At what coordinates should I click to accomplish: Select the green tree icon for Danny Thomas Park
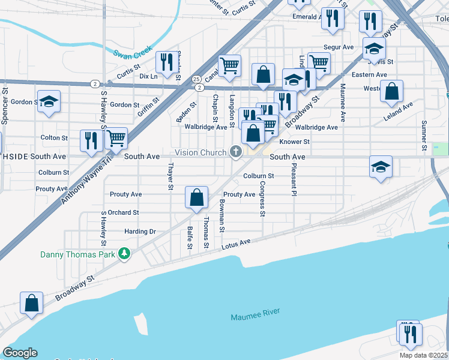(124, 254)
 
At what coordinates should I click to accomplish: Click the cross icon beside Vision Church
(236, 152)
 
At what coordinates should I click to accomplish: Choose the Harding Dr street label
(140, 232)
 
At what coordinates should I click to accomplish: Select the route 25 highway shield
(197, 79)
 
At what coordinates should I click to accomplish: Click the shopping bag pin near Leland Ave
(391, 91)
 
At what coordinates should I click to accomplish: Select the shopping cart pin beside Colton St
(116, 138)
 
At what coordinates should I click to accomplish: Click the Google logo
(20, 353)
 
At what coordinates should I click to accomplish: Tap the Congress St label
(262, 199)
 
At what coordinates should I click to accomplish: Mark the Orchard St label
(124, 212)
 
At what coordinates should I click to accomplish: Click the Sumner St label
(423, 135)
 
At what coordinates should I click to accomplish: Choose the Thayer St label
(171, 176)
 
